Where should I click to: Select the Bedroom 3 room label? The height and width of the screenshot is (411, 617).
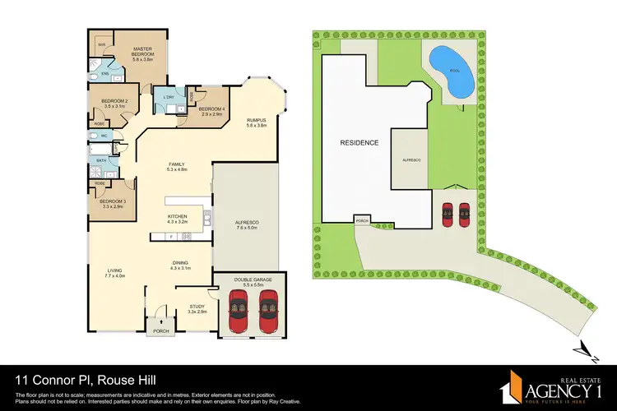[112, 203]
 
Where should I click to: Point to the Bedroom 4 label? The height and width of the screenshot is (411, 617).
[212, 111]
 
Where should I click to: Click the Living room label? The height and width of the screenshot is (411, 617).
[114, 273]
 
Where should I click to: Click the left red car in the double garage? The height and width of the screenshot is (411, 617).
[236, 314]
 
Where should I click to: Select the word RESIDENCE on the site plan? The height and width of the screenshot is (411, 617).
[360, 143]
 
